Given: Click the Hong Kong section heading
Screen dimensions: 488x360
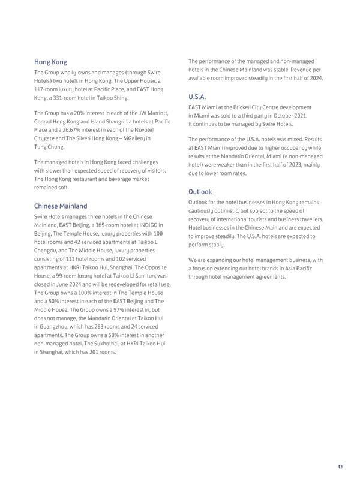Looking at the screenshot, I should click(50, 62).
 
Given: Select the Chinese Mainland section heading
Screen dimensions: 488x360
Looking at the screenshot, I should click(61, 206).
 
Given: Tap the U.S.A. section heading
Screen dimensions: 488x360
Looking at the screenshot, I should click(197, 96).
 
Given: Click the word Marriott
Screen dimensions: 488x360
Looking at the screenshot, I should click(158, 113).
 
